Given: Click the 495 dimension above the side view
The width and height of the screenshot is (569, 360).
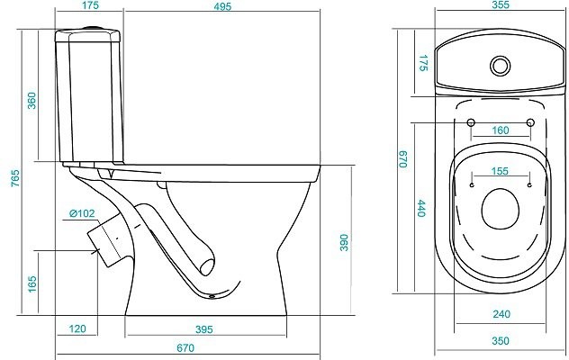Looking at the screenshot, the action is click(222, 6).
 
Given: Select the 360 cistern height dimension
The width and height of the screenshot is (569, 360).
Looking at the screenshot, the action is click(32, 101).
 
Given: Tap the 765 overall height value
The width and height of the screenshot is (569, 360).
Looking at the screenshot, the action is click(15, 178).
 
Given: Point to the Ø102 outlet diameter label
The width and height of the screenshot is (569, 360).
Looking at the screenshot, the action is click(82, 213).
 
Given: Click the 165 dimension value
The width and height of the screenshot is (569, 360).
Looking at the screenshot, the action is click(32, 283).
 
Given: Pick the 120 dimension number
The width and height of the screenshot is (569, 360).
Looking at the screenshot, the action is click(77, 328).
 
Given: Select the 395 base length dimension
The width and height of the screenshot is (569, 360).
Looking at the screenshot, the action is click(204, 329).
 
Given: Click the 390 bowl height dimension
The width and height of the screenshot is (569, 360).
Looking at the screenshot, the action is click(344, 242).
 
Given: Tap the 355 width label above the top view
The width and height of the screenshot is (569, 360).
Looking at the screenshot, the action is click(501, 4).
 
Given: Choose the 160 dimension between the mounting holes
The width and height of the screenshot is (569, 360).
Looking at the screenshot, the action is click(501, 130).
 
